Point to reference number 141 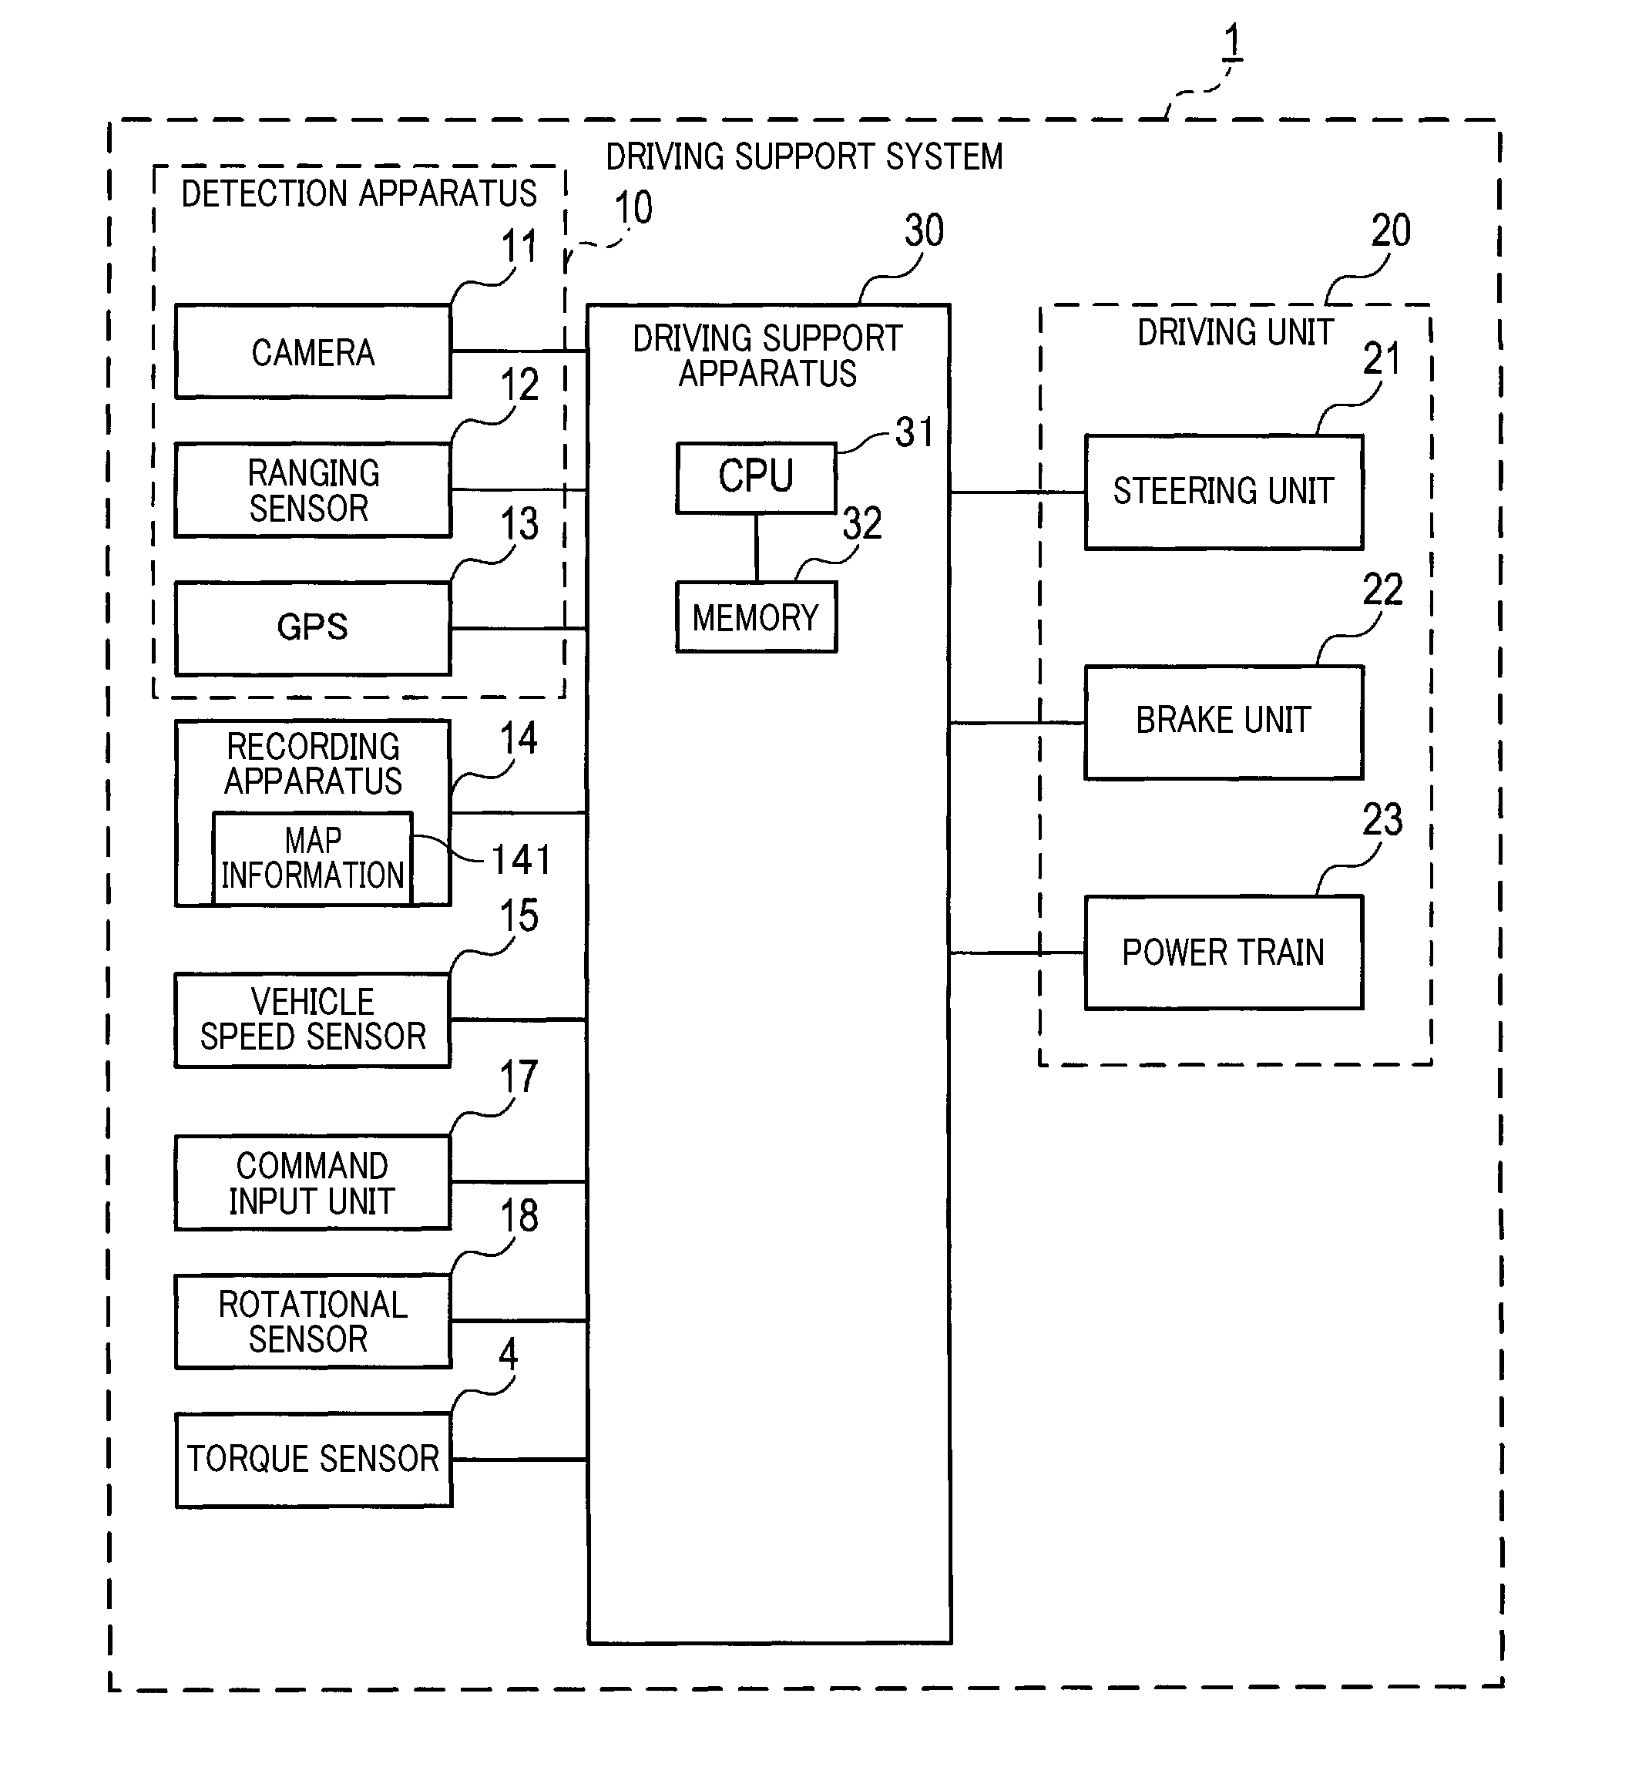[521, 860]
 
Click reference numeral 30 [924, 230]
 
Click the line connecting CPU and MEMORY [757, 547]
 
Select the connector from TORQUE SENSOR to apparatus [520, 1460]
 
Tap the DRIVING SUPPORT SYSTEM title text [804, 157]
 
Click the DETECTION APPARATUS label [358, 193]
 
